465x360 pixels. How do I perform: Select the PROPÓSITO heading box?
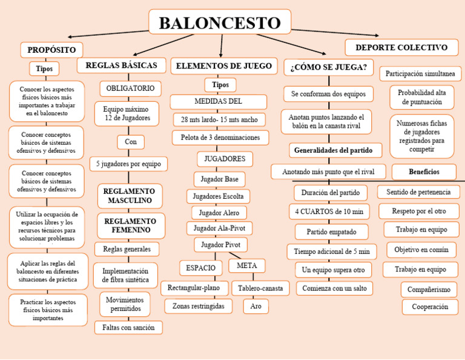[x=51, y=50]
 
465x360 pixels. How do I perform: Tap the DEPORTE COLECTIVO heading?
[x=401, y=47]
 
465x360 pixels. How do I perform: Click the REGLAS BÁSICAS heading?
[x=122, y=65]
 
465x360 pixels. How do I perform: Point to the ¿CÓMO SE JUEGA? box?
[x=329, y=67]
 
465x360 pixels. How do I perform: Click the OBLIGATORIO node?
[x=130, y=88]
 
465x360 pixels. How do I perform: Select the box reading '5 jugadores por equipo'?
[x=128, y=164]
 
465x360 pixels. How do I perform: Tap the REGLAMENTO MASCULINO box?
[x=130, y=196]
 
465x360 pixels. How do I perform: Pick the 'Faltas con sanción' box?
[x=128, y=327]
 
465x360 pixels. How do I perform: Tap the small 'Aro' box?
[x=256, y=307]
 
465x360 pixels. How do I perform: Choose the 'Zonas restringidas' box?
[x=198, y=307]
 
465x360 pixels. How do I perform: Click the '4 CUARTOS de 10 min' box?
[x=329, y=212]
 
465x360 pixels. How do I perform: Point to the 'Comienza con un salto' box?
[x=334, y=288]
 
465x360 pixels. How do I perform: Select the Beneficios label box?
[x=424, y=172]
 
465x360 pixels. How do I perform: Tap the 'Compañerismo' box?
[x=429, y=290]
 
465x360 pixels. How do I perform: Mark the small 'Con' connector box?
[x=131, y=142]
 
